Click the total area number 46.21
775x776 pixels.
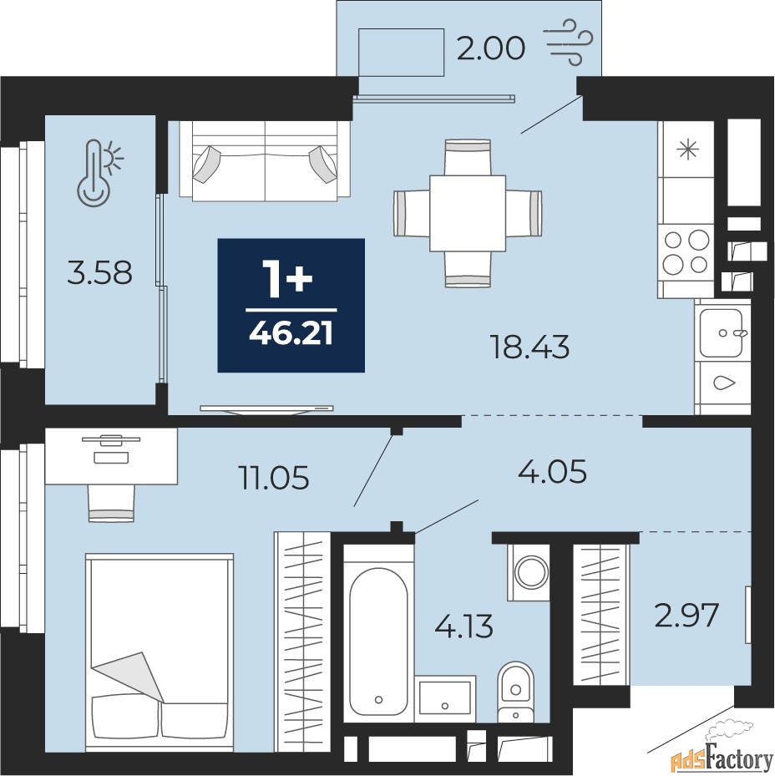[291, 335]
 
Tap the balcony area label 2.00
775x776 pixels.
[490, 49]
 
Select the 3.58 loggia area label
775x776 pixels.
[100, 272]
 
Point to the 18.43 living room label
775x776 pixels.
[529, 347]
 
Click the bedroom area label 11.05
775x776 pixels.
[274, 478]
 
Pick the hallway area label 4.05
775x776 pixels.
[552, 471]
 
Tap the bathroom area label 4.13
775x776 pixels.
[463, 626]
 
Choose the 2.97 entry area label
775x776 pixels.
[686, 616]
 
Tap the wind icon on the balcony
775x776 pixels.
[568, 42]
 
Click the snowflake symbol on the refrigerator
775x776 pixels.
[688, 150]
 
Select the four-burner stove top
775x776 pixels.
[686, 252]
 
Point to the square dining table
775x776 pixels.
[468, 213]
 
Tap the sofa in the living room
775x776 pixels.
[265, 161]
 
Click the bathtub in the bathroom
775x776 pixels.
[378, 642]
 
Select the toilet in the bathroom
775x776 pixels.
[515, 692]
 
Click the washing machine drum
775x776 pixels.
[531, 572]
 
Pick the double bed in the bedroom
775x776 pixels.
[160, 652]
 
